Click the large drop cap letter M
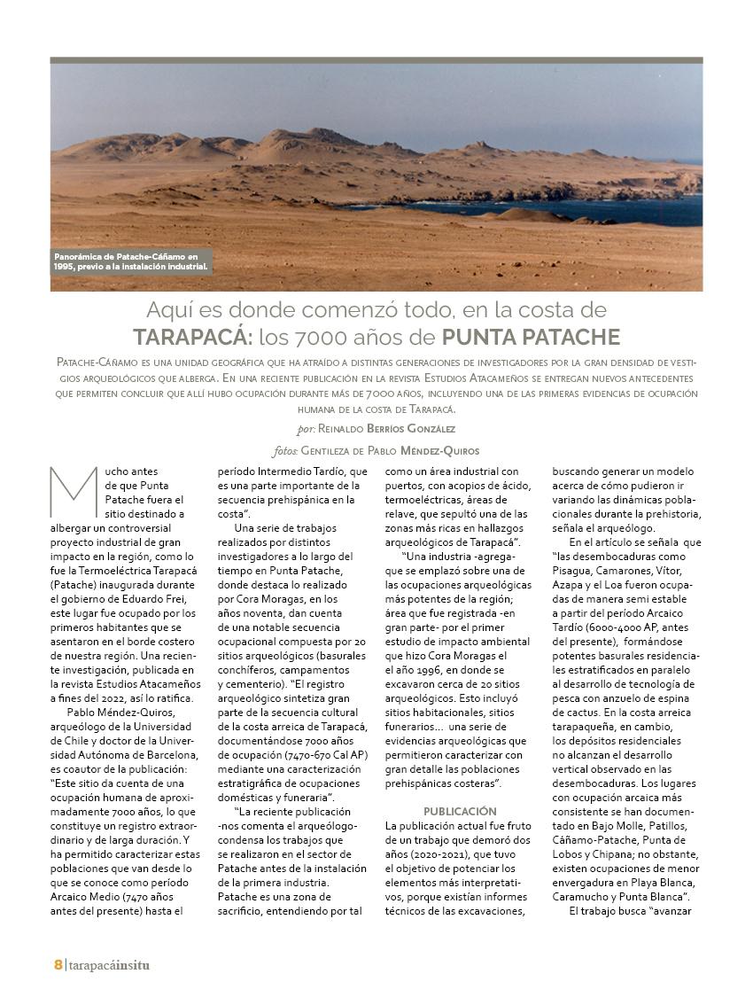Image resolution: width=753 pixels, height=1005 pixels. coord(74,492)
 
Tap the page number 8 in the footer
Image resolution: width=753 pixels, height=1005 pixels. coord(58,964)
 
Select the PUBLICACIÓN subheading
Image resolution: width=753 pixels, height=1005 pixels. coord(460,811)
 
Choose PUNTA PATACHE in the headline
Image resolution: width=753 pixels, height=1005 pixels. coord(531,338)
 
